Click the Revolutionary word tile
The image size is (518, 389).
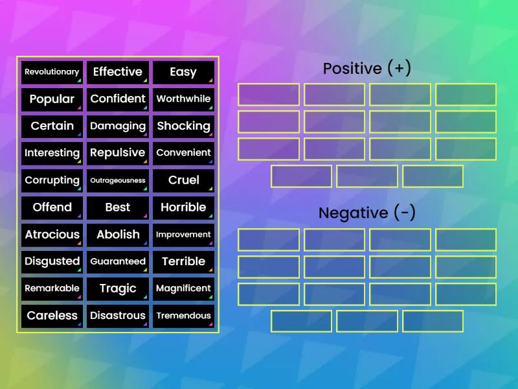pyautogui.click(x=52, y=72)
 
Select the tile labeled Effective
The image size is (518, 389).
pyautogui.click(x=118, y=72)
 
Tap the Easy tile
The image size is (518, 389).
pyautogui.click(x=183, y=72)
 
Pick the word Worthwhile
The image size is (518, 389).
pyautogui.click(x=183, y=99)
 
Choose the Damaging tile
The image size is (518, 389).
pyautogui.click(x=118, y=126)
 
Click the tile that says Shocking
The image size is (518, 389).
pyautogui.click(x=183, y=126)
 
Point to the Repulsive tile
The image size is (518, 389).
pyautogui.click(x=118, y=153)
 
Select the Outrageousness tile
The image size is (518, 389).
pyautogui.click(x=118, y=180)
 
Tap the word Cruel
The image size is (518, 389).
pyautogui.click(x=183, y=180)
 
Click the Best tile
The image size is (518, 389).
pyautogui.click(x=118, y=207)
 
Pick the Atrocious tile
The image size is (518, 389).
pyautogui.click(x=52, y=235)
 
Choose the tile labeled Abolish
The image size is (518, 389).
pyautogui.click(x=118, y=235)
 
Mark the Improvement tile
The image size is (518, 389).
pyautogui.click(x=183, y=235)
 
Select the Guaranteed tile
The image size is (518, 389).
pyautogui.click(x=118, y=262)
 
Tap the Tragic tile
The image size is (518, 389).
pyautogui.click(x=118, y=289)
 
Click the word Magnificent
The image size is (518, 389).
pyautogui.click(x=183, y=289)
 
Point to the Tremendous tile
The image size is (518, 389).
pyautogui.click(x=183, y=316)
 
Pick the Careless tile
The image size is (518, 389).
pyautogui.click(x=52, y=316)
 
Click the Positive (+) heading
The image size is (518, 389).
pyautogui.click(x=366, y=69)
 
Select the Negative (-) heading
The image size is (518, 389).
pyautogui.click(x=366, y=213)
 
